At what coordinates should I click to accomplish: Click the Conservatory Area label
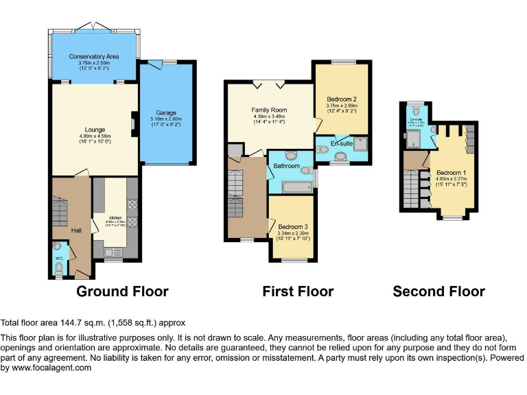[x=93, y=56]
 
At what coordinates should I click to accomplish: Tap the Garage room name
[x=165, y=112]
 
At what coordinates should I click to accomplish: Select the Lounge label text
[x=95, y=130]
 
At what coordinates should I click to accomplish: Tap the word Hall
[x=76, y=230]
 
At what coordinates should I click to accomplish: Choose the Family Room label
[x=268, y=110]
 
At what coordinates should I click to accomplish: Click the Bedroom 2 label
[x=341, y=99]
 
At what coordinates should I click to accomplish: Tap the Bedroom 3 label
[x=292, y=227]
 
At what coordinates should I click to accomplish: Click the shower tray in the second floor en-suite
[x=414, y=139]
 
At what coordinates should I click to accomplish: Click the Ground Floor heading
[x=122, y=291]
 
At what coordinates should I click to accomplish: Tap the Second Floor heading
[x=438, y=291]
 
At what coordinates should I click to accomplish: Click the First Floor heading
[x=298, y=291]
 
